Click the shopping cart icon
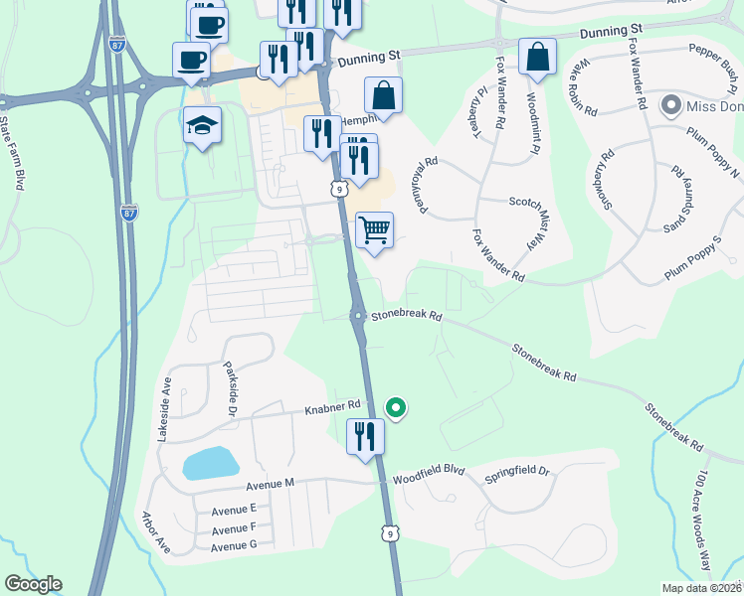point(374,230)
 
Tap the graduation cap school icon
point(202,125)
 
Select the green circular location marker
point(396,407)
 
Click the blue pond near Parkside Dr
point(210,462)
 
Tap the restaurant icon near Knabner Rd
point(365,435)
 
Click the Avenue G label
point(234,545)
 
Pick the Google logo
point(33,584)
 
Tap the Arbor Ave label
point(156,532)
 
